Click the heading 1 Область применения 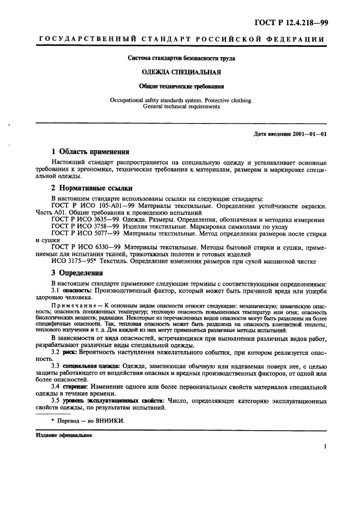pos(90,152)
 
